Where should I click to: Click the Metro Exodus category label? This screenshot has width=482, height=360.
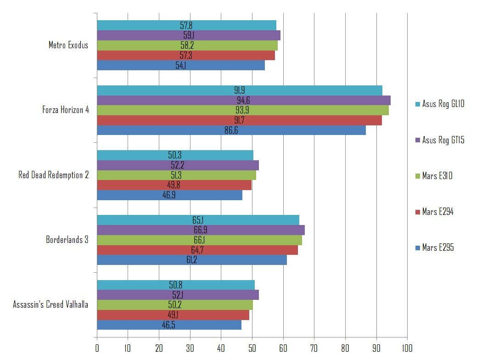tap(68, 45)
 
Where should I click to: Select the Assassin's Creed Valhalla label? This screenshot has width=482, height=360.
tap(50, 305)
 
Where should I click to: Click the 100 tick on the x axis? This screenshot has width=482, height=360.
tap(407, 348)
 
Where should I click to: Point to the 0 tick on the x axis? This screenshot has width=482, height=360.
tap(97, 348)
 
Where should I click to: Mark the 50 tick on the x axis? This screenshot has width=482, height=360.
tap(252, 348)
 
